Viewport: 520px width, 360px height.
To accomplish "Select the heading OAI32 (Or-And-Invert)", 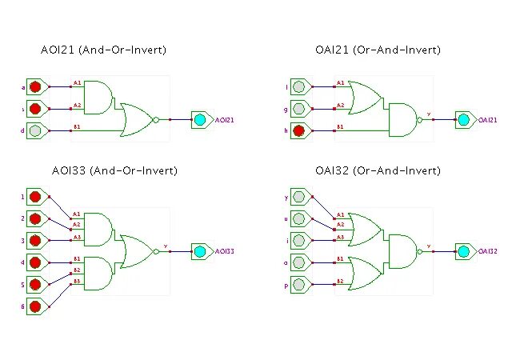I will coord(378,170).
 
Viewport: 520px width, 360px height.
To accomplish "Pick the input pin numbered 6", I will coord(34,306).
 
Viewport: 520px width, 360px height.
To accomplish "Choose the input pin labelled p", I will coord(298,283).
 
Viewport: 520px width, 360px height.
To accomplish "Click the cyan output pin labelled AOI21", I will coord(200,119).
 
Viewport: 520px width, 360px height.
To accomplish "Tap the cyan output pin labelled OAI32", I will coord(463,250).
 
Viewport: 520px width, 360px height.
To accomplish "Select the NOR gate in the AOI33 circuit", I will coord(136,250).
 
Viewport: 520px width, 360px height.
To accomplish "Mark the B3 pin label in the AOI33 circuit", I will coord(77,281).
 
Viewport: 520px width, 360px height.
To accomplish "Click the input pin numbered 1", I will coord(34,196).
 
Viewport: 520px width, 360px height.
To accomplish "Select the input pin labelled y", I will coord(298,196).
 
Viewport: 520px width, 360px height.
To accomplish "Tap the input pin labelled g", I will coord(298,108).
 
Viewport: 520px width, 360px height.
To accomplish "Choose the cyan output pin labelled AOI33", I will coord(200,250).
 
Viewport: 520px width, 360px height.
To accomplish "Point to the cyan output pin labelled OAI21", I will coord(463,119).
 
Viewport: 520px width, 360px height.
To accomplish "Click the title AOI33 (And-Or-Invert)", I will coord(109,170).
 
